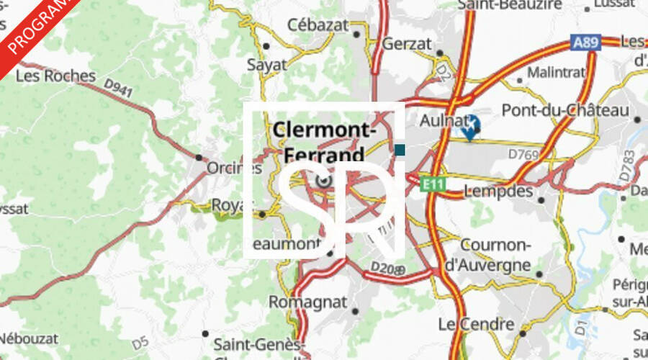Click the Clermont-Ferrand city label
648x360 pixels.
[x=324, y=142]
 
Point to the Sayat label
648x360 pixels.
[x=266, y=64]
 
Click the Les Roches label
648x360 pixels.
[x=55, y=76]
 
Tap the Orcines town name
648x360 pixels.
[x=233, y=168]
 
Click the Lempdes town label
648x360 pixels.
[x=499, y=191]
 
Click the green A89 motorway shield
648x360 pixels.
[x=586, y=43]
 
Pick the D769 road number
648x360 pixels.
[x=523, y=153]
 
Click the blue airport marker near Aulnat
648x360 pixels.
[x=470, y=125]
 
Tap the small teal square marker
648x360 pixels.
[x=400, y=150]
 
